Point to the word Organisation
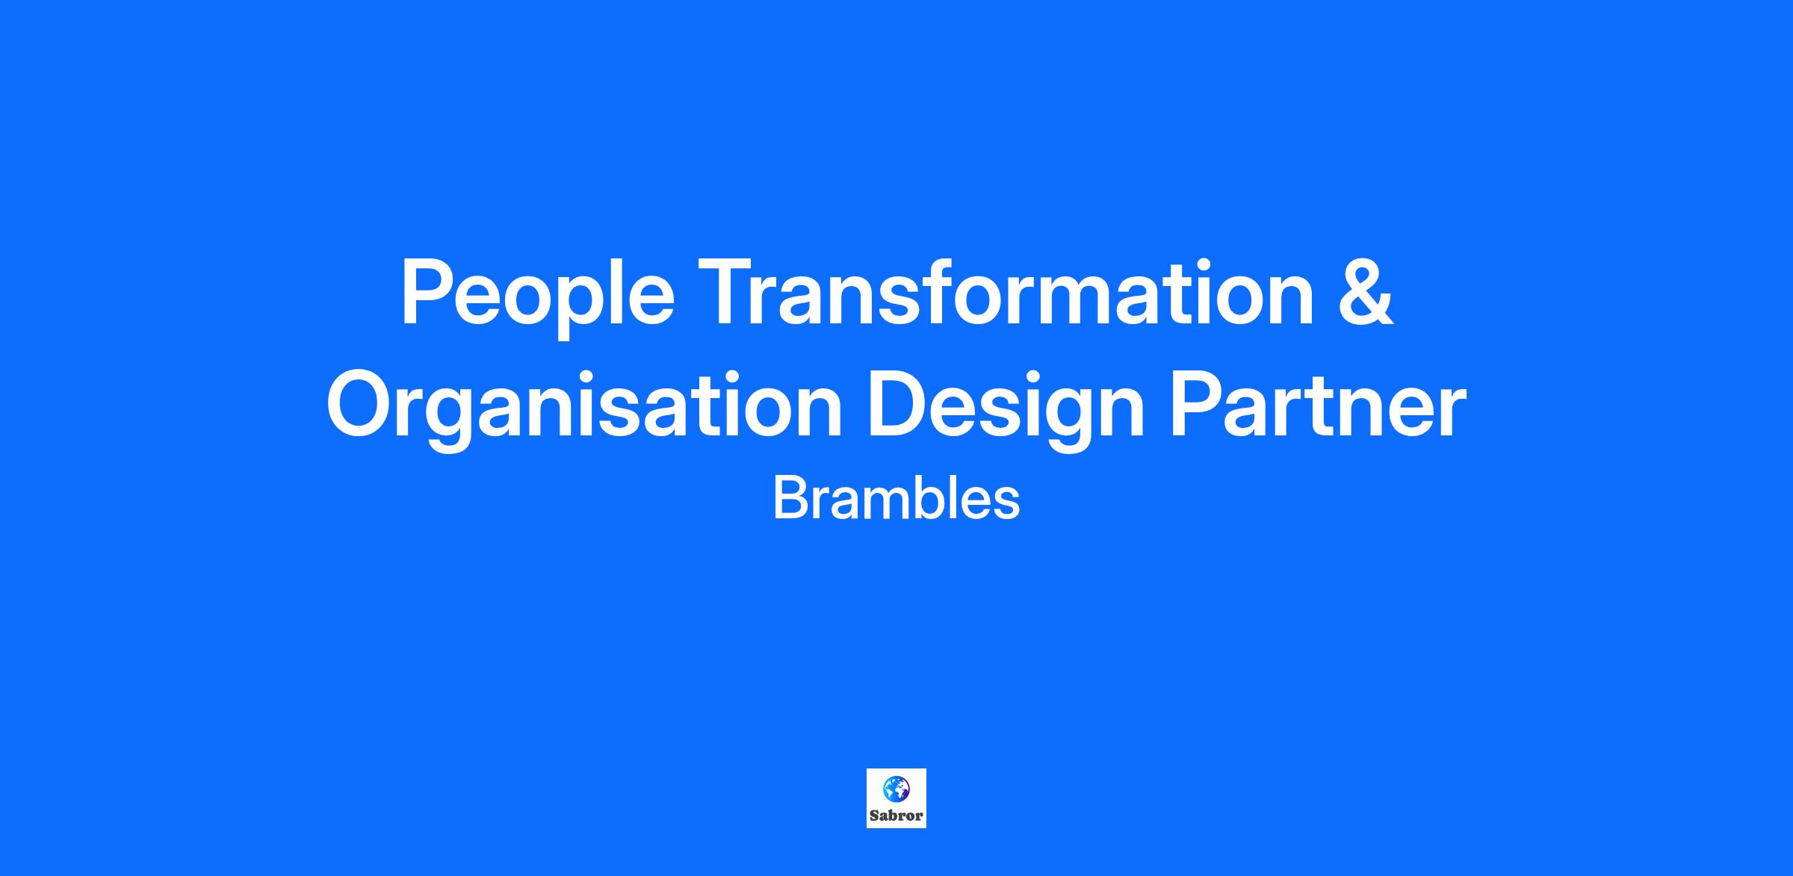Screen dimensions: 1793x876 pos(585,409)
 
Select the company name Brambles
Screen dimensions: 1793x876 pos(896,498)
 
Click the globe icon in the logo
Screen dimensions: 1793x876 pos(896,788)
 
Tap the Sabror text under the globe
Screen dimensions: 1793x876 pos(896,816)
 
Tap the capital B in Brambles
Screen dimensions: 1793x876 pos(790,497)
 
